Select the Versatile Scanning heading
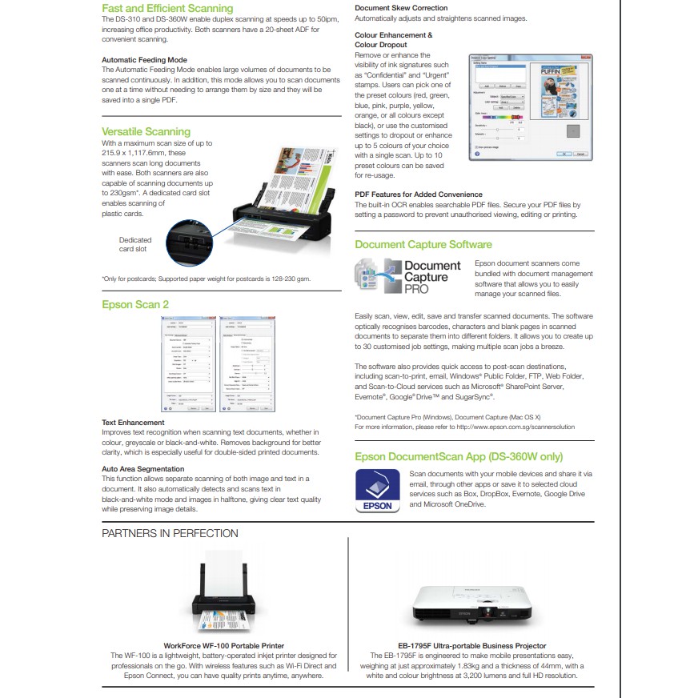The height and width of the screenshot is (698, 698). [146, 131]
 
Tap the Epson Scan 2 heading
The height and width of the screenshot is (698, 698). [135, 305]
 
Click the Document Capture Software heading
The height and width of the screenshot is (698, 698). [423, 245]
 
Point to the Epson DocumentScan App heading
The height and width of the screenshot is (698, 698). [459, 457]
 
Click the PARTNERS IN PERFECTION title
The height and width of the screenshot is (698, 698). [170, 533]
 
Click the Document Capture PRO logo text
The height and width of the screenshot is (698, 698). [431, 276]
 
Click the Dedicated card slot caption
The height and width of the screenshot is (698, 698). [134, 244]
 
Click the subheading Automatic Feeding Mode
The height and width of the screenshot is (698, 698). [144, 60]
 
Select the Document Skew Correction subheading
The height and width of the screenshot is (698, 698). [401, 8]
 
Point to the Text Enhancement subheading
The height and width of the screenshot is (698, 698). [133, 422]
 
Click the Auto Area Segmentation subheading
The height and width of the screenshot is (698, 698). [142, 469]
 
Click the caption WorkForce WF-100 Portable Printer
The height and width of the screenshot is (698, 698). [223, 645]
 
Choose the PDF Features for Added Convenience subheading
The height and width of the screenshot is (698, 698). [418, 195]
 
